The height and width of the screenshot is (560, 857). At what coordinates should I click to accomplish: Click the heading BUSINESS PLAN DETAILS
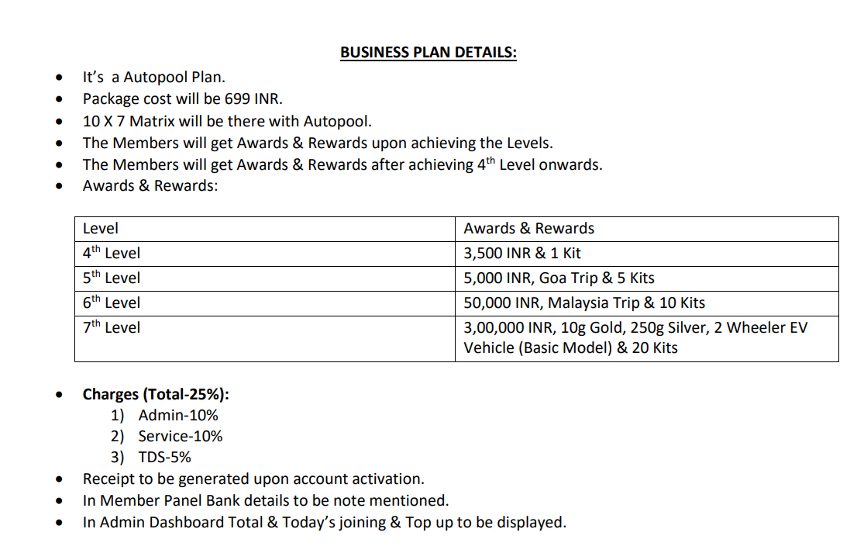click(428, 53)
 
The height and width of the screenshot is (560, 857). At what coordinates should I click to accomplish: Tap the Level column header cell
click(101, 229)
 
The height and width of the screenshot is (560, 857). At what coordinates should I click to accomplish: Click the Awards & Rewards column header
click(528, 229)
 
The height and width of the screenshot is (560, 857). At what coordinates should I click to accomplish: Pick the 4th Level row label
click(112, 253)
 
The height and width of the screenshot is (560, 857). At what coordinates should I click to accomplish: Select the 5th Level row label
click(112, 278)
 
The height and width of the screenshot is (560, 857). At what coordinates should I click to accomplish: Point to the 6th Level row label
click(112, 302)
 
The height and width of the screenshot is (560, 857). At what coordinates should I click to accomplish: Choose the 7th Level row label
click(112, 327)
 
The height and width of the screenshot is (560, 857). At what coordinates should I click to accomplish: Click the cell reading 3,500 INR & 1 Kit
click(521, 253)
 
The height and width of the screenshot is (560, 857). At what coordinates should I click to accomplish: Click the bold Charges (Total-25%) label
click(156, 394)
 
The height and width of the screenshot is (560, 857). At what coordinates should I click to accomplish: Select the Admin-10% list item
click(178, 416)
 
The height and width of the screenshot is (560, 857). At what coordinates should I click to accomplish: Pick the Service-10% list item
click(181, 437)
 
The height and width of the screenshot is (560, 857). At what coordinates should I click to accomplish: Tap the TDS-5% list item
click(164, 458)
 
